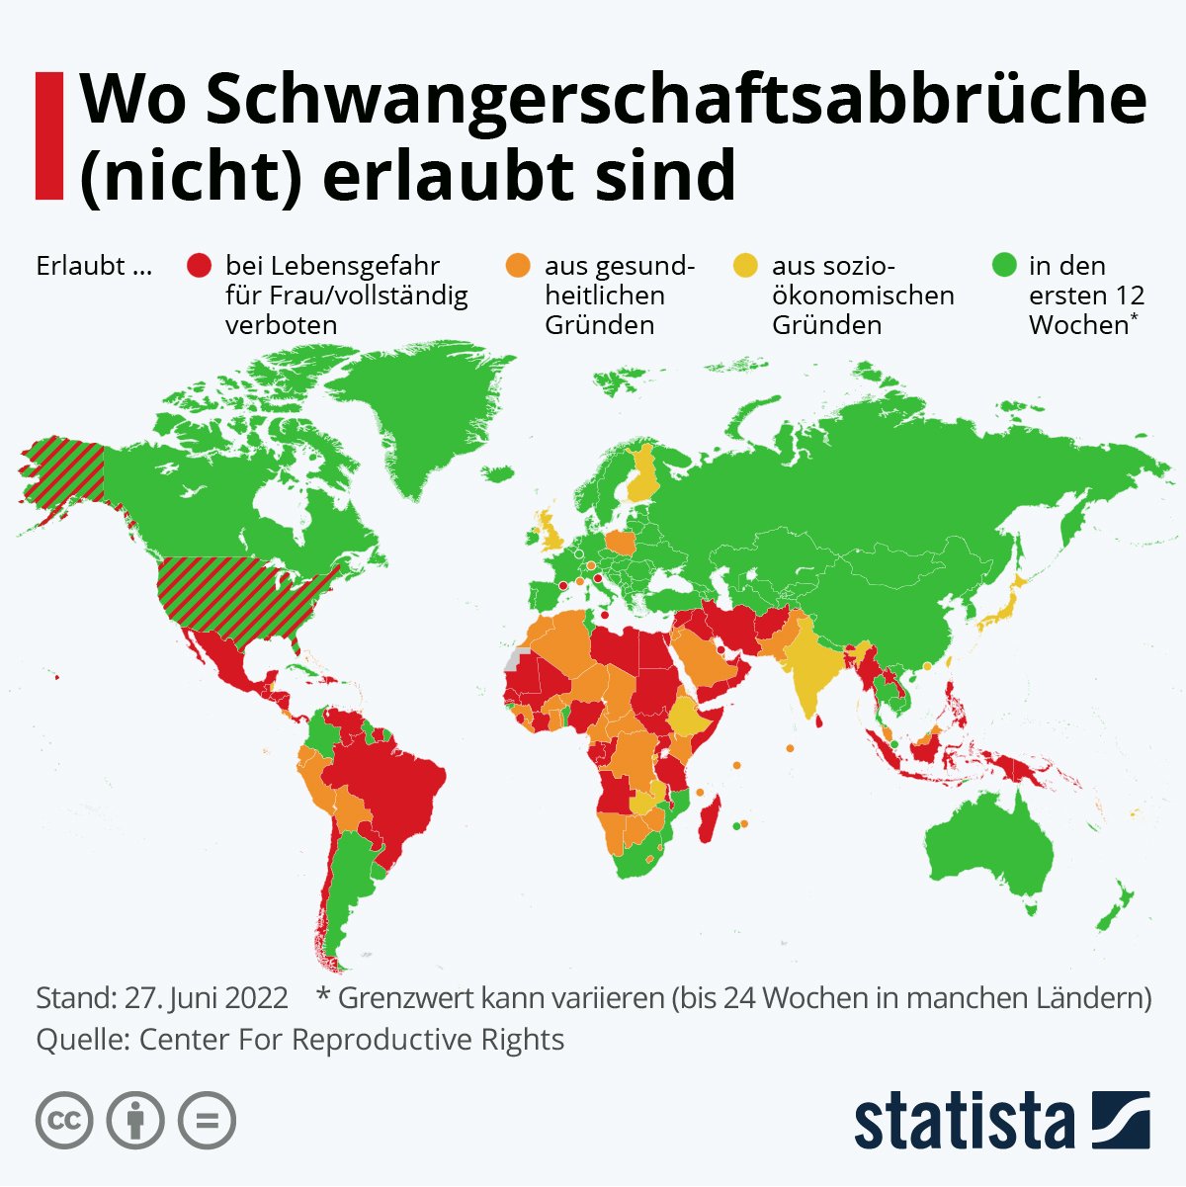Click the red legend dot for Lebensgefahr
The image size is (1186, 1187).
200,266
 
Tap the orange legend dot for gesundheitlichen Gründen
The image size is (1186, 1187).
518,266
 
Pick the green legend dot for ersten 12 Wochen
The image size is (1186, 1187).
1005,266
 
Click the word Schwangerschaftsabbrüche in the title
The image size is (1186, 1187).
613,101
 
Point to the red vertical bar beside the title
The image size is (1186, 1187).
48,135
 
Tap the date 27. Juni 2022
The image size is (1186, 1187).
207,997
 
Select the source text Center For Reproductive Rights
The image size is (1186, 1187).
351,1040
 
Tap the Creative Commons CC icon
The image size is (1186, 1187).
64,1121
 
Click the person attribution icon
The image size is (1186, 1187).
135,1121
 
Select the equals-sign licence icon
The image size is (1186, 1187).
207,1121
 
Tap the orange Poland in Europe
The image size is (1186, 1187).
622,543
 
